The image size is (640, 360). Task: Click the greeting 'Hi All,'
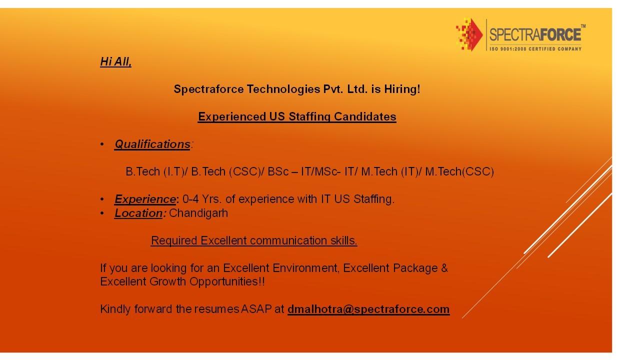click(115, 61)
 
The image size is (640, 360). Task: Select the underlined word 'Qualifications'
click(152, 144)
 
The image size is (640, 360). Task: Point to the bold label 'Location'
click(138, 213)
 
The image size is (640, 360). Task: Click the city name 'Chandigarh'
click(198, 213)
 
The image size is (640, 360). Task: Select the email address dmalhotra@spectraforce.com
click(368, 309)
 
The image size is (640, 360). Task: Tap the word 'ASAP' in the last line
click(256, 309)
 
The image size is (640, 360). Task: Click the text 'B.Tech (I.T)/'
click(157, 171)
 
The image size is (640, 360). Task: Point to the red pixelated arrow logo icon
click(469, 34)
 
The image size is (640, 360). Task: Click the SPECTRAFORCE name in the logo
click(535, 34)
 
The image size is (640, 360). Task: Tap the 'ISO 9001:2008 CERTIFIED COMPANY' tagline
click(535, 48)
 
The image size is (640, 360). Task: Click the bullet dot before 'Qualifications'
click(102, 144)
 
